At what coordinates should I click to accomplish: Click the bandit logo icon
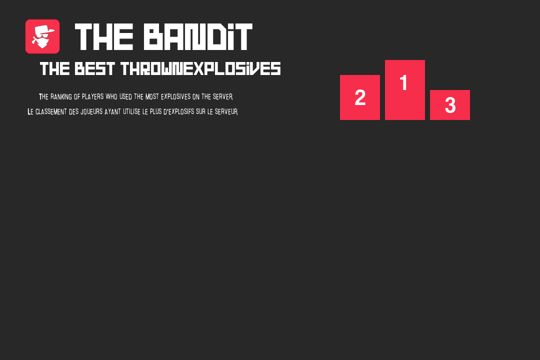tap(42, 36)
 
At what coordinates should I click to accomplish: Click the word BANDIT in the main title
tap(198, 37)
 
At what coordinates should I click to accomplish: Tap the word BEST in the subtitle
tap(94, 69)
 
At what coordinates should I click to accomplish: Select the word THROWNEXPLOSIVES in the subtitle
tap(201, 68)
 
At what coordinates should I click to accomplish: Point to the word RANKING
tap(61, 97)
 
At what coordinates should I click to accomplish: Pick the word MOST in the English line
tap(152, 97)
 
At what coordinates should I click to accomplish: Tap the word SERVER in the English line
tap(222, 97)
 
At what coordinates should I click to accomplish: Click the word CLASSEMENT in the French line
tap(51, 111)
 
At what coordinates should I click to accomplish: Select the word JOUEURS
tap(91, 111)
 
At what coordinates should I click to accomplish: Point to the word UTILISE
tap(131, 111)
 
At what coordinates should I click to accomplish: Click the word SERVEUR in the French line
tap(226, 111)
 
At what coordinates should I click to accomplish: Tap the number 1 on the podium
tap(403, 83)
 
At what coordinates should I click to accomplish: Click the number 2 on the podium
tap(360, 97)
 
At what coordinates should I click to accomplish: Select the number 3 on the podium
tap(450, 105)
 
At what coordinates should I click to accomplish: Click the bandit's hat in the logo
tap(45, 29)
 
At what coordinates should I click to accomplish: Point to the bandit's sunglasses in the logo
tap(43, 36)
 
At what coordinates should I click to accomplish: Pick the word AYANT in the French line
tap(112, 111)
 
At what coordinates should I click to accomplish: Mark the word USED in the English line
tap(125, 97)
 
